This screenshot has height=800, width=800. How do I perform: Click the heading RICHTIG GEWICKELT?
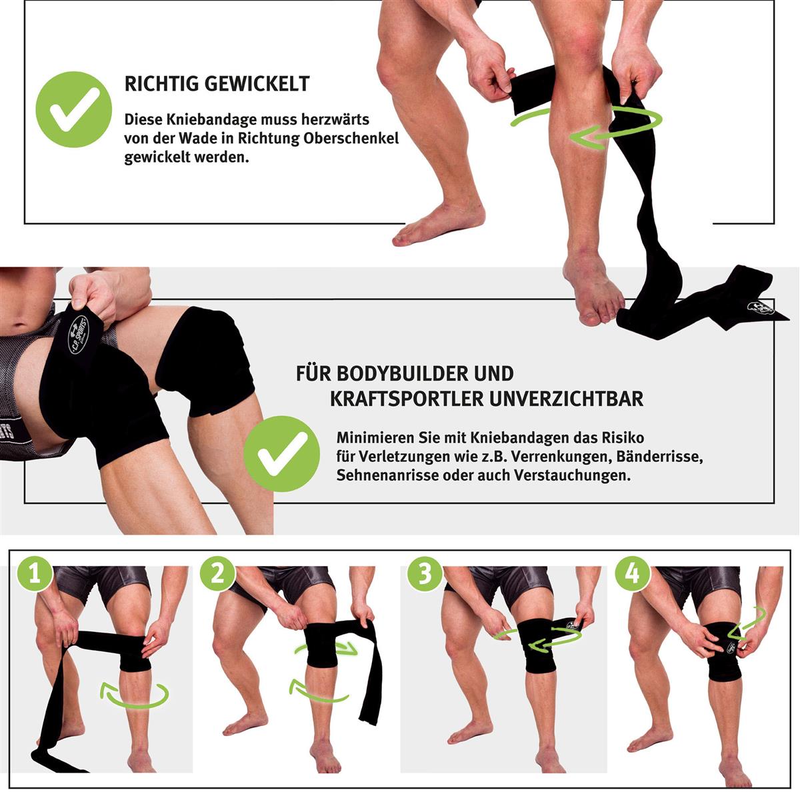pyautogui.click(x=217, y=84)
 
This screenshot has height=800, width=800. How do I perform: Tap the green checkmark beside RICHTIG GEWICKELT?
pyautogui.click(x=73, y=109)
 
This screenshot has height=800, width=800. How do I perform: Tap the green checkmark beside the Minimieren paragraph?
pyautogui.click(x=281, y=454)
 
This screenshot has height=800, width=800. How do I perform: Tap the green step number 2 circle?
pyautogui.click(x=217, y=573)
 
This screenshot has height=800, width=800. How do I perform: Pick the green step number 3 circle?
pyautogui.click(x=425, y=573)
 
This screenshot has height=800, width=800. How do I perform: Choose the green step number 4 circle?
pyautogui.click(x=632, y=573)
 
